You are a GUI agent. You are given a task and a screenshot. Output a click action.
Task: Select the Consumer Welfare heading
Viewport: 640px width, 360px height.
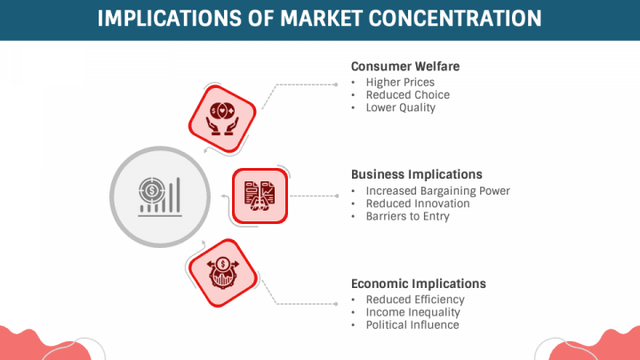pos(405,67)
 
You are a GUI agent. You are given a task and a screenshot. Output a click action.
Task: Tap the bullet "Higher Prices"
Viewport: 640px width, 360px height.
pos(400,83)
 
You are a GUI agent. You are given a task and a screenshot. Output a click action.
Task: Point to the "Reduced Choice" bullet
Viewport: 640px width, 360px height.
pos(407,95)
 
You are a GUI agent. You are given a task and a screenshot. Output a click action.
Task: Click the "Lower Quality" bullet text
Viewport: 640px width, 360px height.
pos(400,108)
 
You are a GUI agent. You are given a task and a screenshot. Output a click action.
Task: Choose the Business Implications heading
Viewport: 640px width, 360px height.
pos(416,174)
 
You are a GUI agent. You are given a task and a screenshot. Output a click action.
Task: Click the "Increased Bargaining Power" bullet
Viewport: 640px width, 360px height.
pos(437,191)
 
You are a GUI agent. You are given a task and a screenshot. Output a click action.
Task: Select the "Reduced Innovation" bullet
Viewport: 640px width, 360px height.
pos(418,204)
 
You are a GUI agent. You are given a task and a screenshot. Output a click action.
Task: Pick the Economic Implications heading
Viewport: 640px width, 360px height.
pos(419,284)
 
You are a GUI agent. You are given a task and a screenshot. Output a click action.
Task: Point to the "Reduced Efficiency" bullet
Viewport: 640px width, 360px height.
pos(415,300)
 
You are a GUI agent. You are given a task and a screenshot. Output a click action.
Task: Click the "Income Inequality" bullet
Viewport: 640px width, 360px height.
pos(412,312)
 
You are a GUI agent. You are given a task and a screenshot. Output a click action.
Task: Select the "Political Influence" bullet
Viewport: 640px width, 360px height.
pos(412,324)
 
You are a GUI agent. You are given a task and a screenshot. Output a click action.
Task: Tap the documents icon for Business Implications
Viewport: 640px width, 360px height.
pos(260,196)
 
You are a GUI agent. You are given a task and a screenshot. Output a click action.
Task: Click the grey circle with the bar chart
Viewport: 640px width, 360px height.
pos(158,196)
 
